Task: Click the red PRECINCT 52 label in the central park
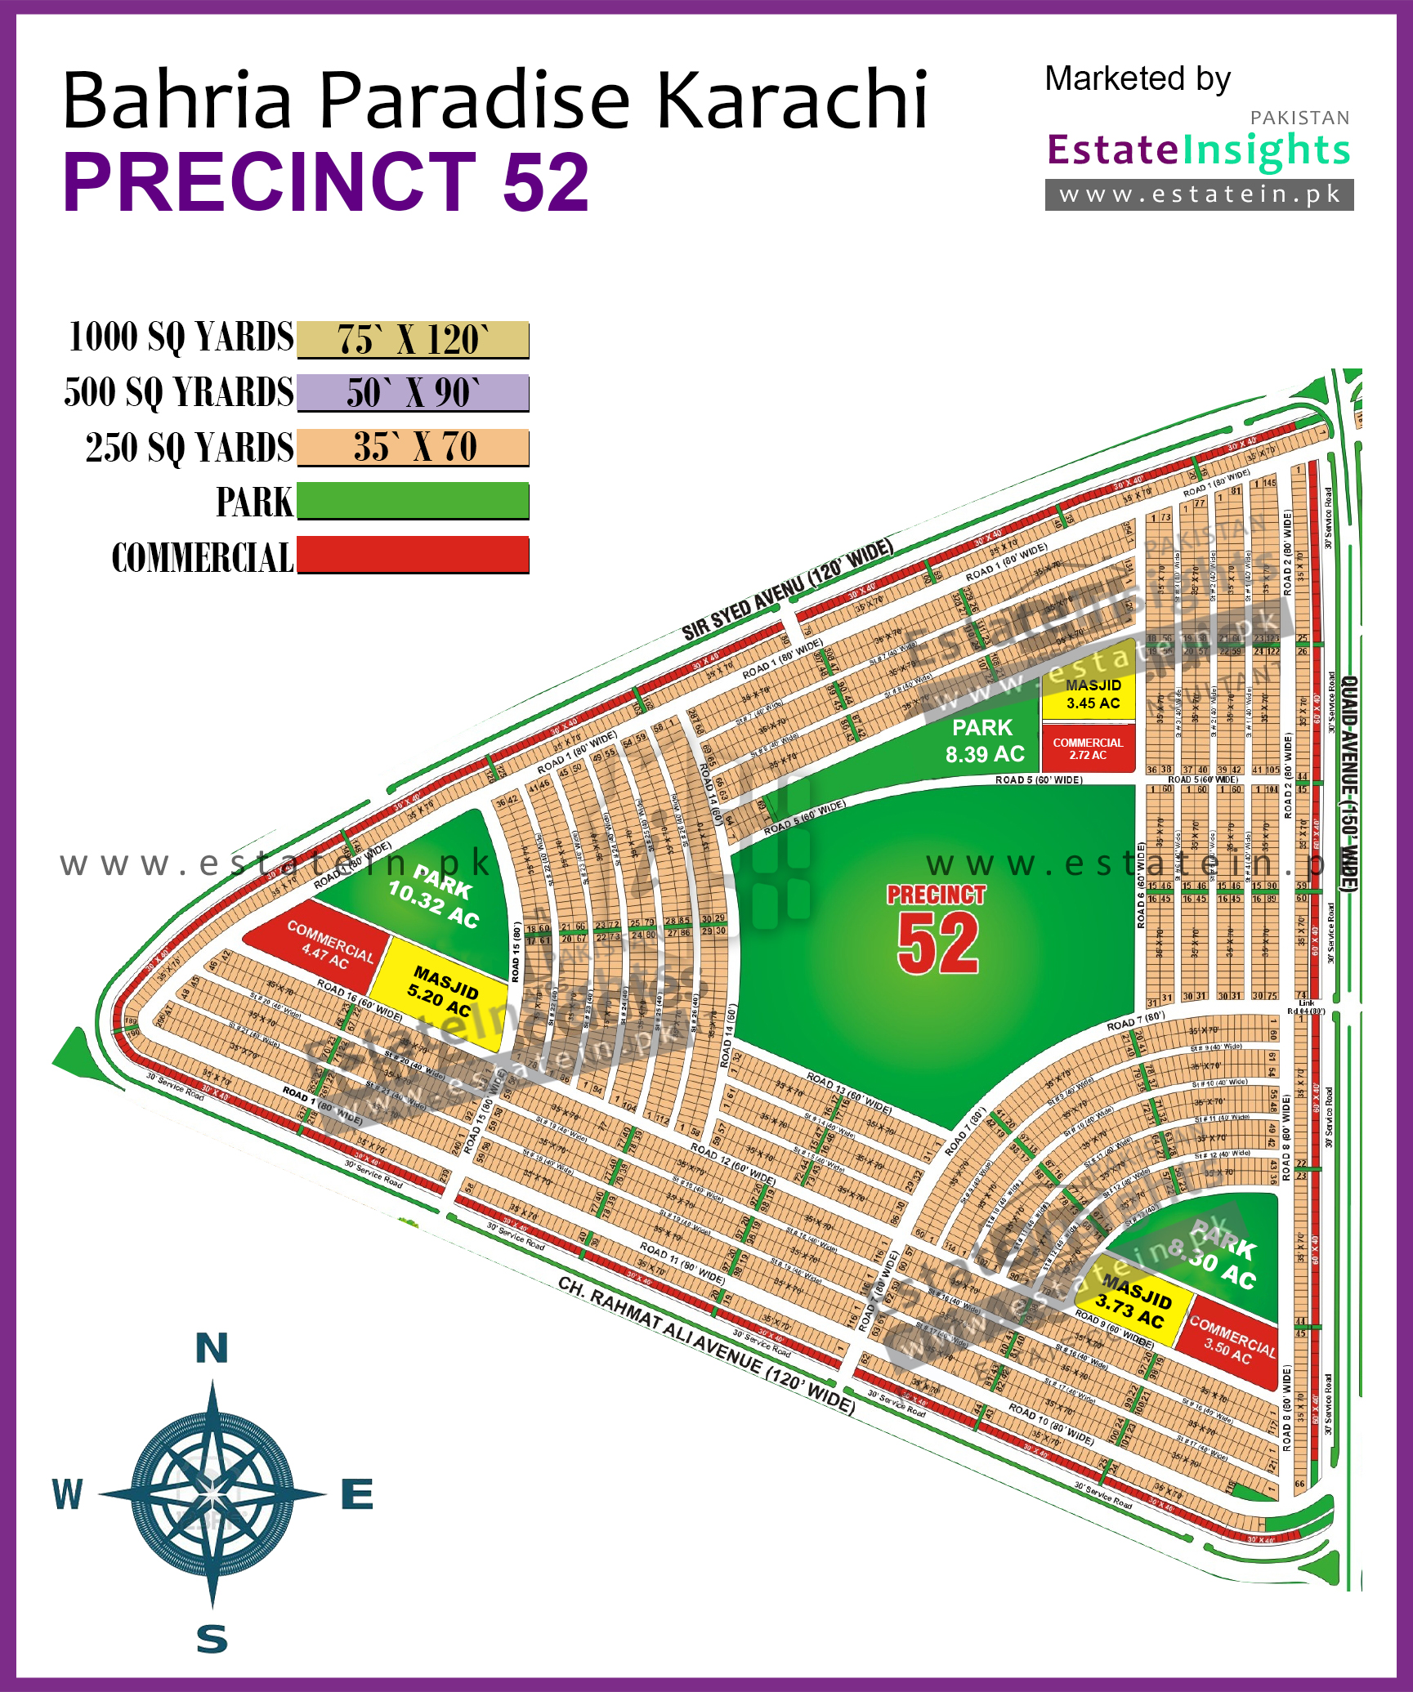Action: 937,931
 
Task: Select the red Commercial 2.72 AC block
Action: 1088,748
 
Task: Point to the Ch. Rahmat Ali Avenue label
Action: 706,1345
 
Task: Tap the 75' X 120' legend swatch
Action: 413,340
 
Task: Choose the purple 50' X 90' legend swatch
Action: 413,393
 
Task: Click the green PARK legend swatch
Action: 413,501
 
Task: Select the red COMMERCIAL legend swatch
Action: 413,555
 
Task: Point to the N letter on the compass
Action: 212,1348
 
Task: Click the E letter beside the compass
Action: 357,1495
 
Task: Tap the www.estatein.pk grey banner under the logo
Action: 1199,195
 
